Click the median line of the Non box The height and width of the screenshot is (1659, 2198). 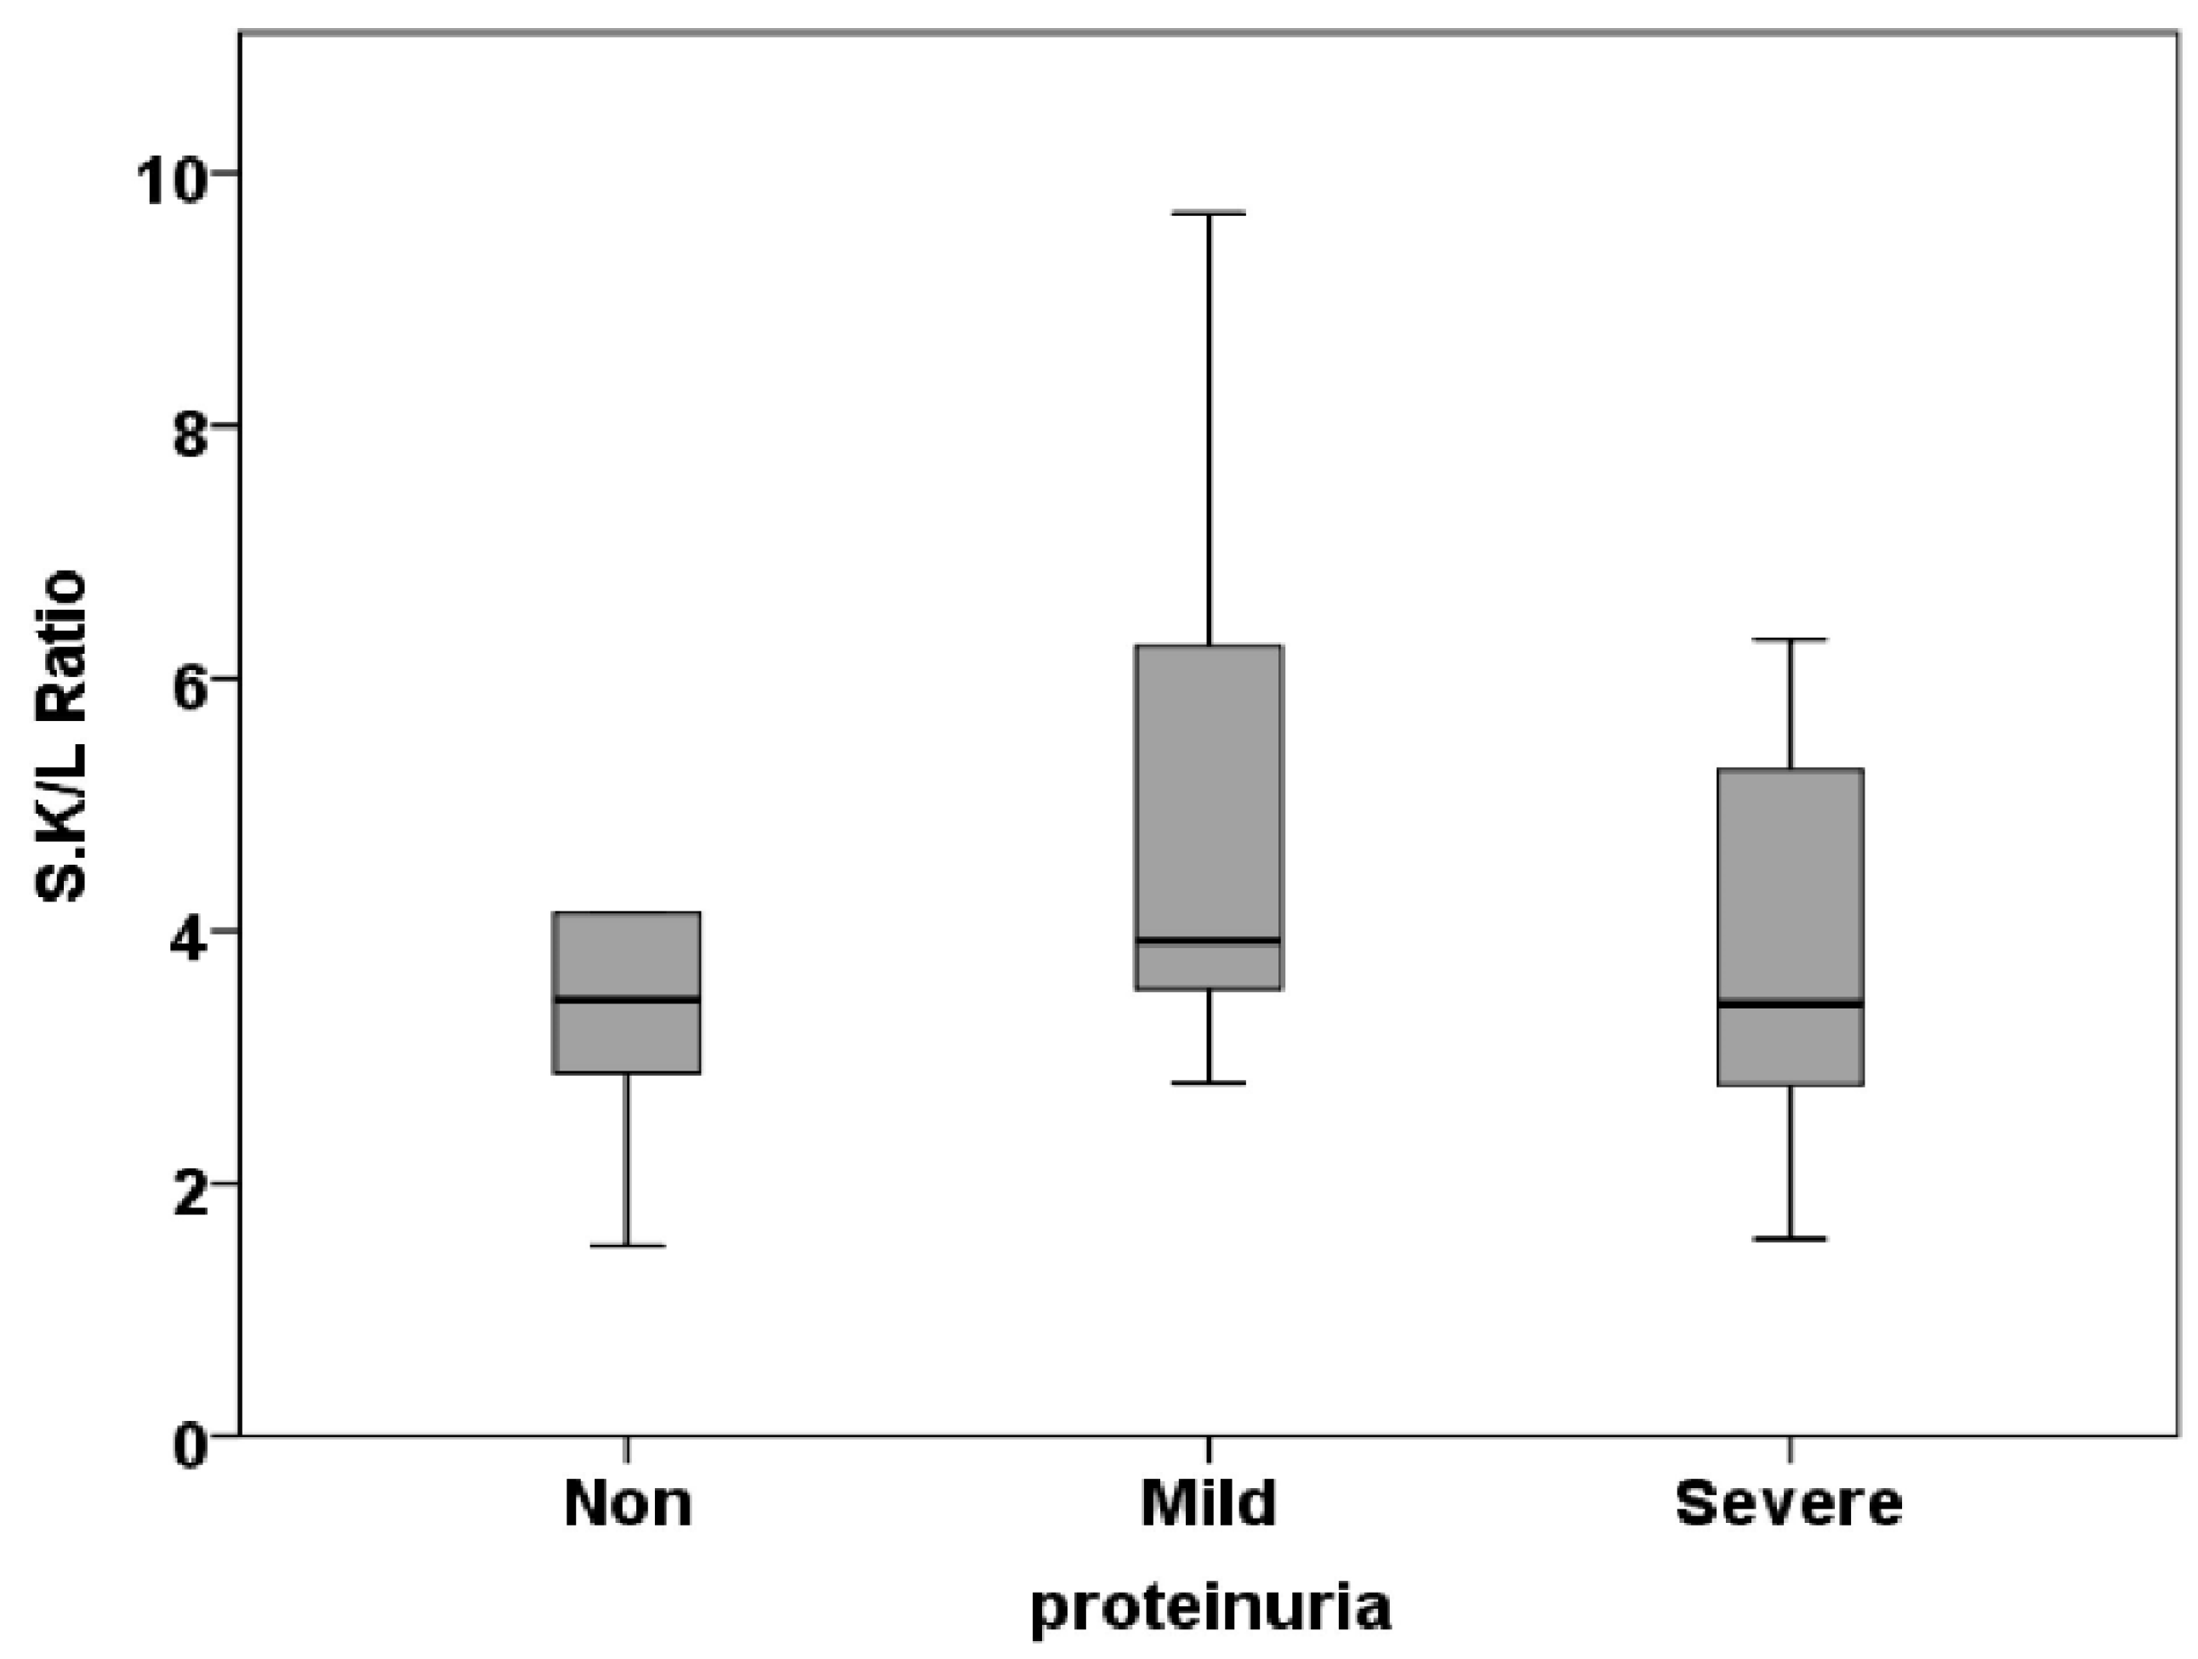(x=627, y=999)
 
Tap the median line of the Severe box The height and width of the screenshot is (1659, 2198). (x=1790, y=1004)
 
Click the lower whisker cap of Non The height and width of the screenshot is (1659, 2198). (x=627, y=1246)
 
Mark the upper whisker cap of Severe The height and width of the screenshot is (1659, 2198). (x=1790, y=639)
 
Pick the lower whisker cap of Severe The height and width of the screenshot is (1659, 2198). (x=1790, y=1239)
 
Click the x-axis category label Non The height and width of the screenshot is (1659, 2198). (x=627, y=1504)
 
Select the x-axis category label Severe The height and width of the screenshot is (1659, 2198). (x=1790, y=1504)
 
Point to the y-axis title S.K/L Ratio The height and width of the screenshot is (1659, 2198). (x=61, y=736)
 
